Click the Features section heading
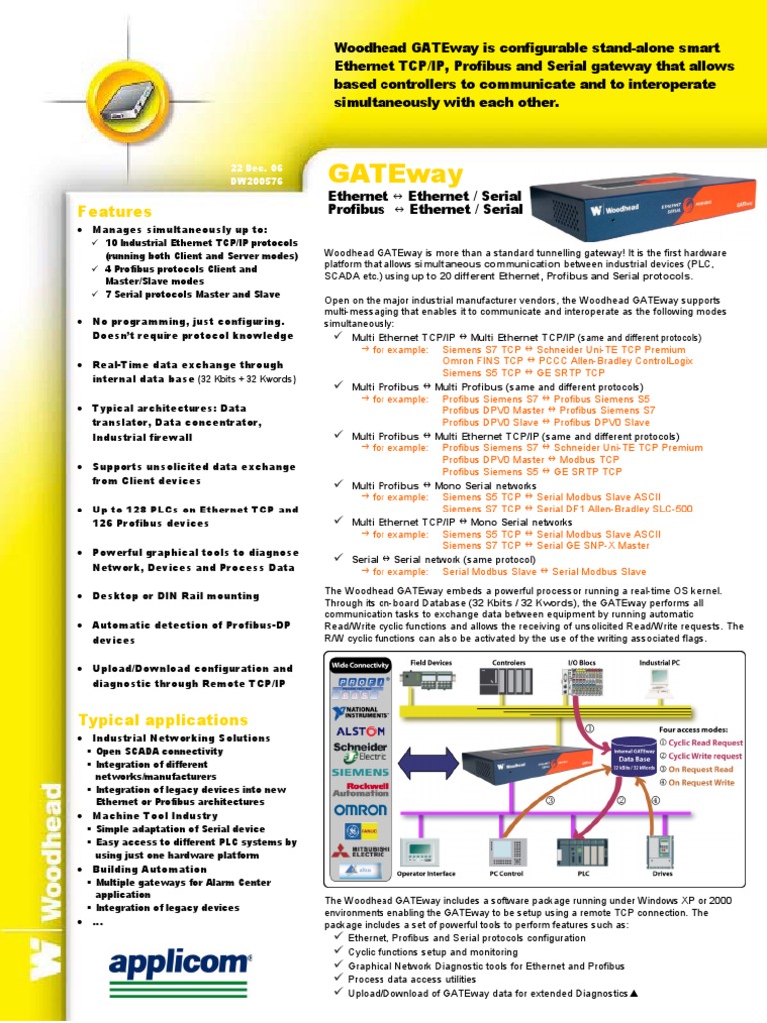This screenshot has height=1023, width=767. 115,212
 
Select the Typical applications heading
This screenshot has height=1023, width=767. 163,719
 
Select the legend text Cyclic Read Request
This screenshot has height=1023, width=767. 704,743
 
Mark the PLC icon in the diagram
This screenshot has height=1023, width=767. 580,852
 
